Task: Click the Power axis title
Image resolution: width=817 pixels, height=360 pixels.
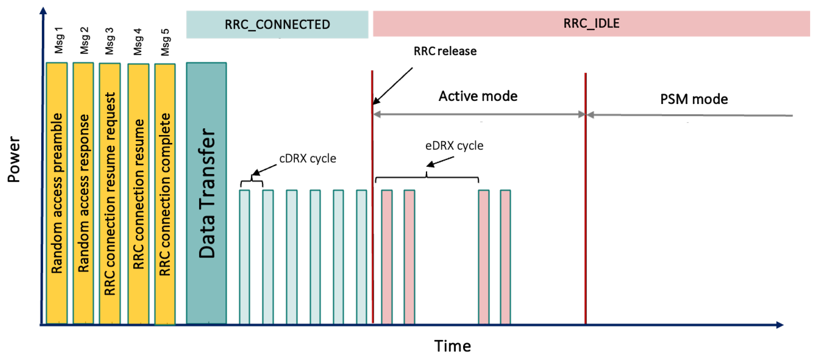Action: tap(14, 159)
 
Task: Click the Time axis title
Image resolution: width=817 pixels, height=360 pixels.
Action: tap(452, 346)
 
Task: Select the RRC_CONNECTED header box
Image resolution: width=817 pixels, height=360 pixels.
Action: tap(277, 25)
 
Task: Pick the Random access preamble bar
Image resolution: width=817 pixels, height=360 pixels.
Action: tap(57, 193)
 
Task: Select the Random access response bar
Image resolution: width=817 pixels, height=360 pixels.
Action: tap(83, 193)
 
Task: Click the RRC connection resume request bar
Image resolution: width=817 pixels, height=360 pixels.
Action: tap(110, 193)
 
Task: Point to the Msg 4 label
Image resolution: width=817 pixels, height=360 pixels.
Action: tap(138, 42)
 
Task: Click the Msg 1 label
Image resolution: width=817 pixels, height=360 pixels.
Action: tap(59, 40)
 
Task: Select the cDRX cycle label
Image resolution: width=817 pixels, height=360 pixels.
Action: tap(307, 158)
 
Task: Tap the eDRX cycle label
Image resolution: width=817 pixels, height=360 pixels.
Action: tap(454, 146)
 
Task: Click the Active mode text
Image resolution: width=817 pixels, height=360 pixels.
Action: tap(478, 96)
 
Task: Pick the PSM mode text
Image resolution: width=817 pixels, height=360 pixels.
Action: tap(694, 99)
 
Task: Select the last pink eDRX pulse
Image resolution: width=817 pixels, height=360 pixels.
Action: tap(505, 256)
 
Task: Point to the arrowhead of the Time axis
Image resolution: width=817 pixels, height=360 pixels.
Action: tap(780, 325)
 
